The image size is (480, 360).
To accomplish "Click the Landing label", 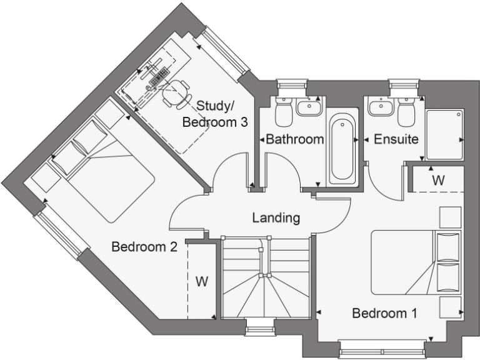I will pyautogui.click(x=276, y=218).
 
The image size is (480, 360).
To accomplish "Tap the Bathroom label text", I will pyautogui.click(x=295, y=139).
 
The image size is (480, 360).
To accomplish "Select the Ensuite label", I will pyautogui.click(x=396, y=139).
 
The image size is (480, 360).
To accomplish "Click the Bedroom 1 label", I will pyautogui.click(x=384, y=313).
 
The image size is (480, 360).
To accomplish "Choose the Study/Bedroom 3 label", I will pyautogui.click(x=215, y=114).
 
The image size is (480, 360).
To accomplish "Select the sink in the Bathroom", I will pyautogui.click(x=308, y=107).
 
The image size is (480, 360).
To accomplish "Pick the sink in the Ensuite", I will pyautogui.click(x=381, y=107).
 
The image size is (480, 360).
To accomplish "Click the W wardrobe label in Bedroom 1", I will pyautogui.click(x=438, y=180).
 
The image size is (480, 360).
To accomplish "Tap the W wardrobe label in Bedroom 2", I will pyautogui.click(x=201, y=281).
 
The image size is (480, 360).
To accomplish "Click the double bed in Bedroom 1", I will pyautogui.click(x=416, y=261).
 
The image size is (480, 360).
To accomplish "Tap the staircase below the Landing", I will pyautogui.click(x=266, y=277).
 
